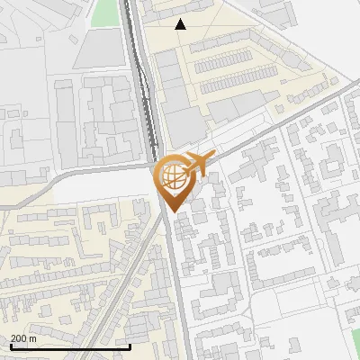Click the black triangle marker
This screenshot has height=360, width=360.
tap(181, 24)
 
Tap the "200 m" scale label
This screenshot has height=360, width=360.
tap(23, 338)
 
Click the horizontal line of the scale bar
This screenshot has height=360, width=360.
tap(70, 346)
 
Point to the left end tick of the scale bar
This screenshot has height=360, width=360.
tap(10, 345)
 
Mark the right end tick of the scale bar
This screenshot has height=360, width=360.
tap(130, 345)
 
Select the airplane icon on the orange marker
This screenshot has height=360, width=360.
tap(198, 163)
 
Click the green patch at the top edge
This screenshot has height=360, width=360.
tap(105, 12)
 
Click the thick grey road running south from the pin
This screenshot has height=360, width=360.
tap(178, 288)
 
